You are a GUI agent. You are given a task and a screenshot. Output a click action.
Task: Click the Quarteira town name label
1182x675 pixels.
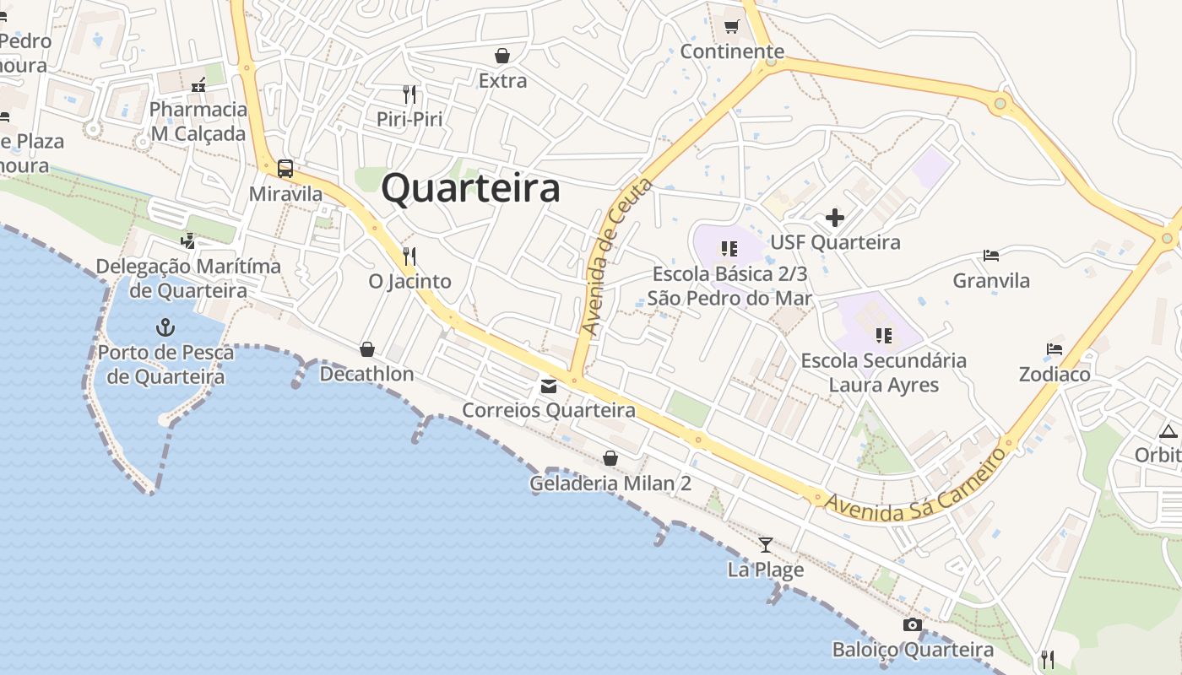pos(470,189)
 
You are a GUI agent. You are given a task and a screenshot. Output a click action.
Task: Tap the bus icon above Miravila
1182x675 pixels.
pos(285,169)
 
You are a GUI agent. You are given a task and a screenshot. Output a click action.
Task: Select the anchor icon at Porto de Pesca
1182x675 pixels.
pos(165,327)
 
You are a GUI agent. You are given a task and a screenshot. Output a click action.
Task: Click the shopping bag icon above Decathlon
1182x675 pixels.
pos(367,349)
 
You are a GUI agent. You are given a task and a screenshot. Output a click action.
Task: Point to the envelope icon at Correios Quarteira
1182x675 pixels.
pos(549,386)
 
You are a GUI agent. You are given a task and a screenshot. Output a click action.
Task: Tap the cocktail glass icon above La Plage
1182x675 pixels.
pos(766,544)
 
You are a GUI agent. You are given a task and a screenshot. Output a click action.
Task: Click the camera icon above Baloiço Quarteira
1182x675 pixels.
pos(913,625)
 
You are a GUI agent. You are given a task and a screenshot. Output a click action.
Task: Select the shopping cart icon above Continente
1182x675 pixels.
pos(732,26)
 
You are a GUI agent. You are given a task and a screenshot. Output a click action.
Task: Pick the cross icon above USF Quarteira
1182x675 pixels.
pos(835,218)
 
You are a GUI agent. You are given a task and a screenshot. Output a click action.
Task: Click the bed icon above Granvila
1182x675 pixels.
pos(991,255)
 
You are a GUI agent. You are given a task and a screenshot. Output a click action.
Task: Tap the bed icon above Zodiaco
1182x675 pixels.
pos(1054,348)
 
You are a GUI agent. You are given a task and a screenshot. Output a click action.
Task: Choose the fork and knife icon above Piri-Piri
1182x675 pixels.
pos(409,94)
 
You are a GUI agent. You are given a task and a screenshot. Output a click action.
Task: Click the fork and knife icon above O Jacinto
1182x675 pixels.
pos(409,256)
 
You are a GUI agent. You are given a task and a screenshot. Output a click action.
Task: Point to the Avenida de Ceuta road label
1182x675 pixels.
pos(617,257)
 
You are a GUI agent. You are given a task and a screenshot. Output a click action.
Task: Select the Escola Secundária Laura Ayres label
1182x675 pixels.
pos(883,373)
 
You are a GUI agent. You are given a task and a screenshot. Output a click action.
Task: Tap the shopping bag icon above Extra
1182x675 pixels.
pos(502,56)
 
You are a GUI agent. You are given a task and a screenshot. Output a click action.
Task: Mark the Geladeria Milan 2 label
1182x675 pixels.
pos(610,483)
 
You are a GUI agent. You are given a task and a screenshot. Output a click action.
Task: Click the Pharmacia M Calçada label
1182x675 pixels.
pos(198,121)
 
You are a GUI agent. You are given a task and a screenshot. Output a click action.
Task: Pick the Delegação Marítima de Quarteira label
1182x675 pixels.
pos(188,278)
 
